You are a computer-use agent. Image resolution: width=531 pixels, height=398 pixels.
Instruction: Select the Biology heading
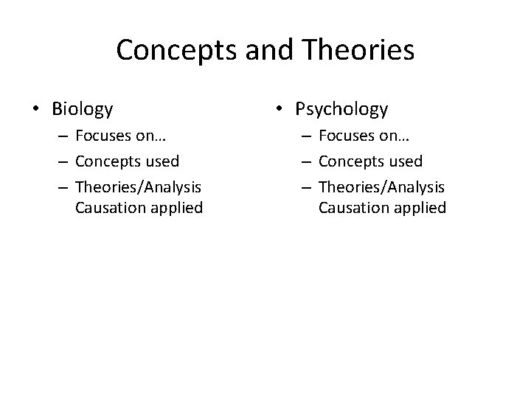click(83, 110)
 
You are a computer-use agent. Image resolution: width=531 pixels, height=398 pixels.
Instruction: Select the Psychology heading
click(341, 110)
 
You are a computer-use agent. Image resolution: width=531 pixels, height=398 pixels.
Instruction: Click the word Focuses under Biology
click(104, 138)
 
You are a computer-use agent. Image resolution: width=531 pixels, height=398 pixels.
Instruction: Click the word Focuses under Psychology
click(347, 138)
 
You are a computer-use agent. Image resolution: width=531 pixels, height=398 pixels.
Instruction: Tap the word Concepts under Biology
click(108, 161)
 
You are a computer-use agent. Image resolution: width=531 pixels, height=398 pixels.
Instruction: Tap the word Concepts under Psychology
click(352, 161)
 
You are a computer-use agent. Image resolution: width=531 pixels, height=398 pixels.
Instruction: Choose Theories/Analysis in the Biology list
click(139, 185)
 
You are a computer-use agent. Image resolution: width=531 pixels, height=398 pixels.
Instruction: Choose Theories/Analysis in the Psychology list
click(382, 185)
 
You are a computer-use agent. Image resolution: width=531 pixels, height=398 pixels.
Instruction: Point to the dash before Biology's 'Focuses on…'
click(63, 139)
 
